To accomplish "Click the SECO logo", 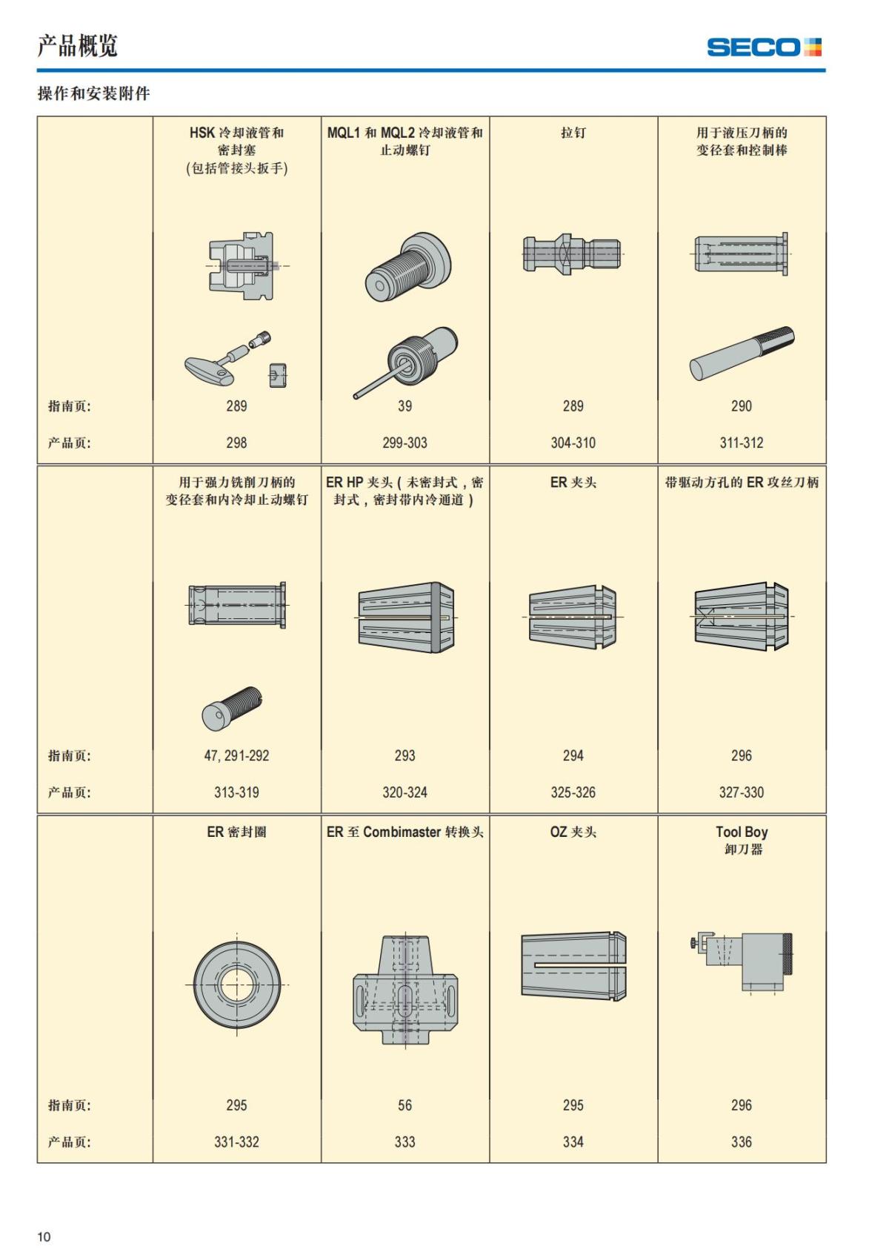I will pyautogui.click(x=764, y=47).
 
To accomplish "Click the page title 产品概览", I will pyautogui.click(x=77, y=46).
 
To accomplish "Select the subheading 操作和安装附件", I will pyautogui.click(x=93, y=93).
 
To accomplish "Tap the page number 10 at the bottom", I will pyautogui.click(x=44, y=1237).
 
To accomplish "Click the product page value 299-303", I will pyautogui.click(x=404, y=443).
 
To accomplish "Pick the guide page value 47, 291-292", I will pyautogui.click(x=236, y=755).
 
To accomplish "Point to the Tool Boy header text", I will pyautogui.click(x=741, y=832).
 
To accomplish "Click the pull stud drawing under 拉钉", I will pyautogui.click(x=572, y=254).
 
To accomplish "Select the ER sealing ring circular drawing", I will pyautogui.click(x=237, y=984).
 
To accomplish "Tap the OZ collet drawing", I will pyautogui.click(x=573, y=965).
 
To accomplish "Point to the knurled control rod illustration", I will pyautogui.click(x=742, y=353).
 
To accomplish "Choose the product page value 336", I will pyautogui.click(x=741, y=1142).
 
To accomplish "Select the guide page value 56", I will pyautogui.click(x=404, y=1105).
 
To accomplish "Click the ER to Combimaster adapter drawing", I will pyautogui.click(x=405, y=990).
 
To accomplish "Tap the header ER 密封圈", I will pyautogui.click(x=236, y=832).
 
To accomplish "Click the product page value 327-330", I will pyautogui.click(x=741, y=792).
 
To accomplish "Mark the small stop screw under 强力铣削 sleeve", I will pyautogui.click(x=232, y=706).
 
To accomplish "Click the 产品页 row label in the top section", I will pyautogui.click(x=70, y=443).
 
